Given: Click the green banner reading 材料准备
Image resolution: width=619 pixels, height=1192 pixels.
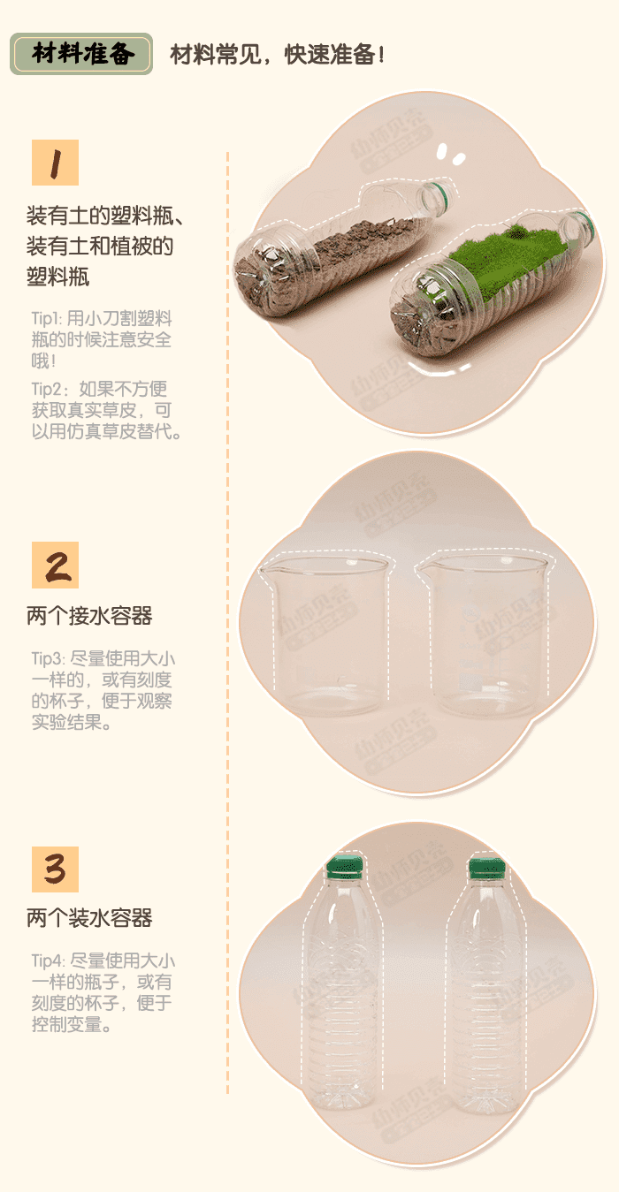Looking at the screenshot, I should (x=81, y=54).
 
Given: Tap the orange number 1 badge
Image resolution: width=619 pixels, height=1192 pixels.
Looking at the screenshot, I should (x=55, y=163).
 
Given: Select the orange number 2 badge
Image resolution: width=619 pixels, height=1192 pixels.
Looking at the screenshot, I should (x=55, y=565).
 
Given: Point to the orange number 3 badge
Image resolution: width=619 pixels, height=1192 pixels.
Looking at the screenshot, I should (x=55, y=869).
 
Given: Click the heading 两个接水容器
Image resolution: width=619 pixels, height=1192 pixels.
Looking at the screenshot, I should (x=89, y=616).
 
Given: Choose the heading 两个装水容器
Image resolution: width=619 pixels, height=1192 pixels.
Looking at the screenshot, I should (x=89, y=919).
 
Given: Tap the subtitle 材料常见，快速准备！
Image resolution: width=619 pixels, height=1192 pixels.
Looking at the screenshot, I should (x=277, y=55).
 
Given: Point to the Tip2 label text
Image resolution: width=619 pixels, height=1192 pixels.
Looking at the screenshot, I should (x=44, y=389).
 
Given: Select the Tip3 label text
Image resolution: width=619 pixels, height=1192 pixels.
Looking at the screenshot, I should (x=44, y=659).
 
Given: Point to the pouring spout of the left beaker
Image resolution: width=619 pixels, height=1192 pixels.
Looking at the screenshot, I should (x=266, y=569).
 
